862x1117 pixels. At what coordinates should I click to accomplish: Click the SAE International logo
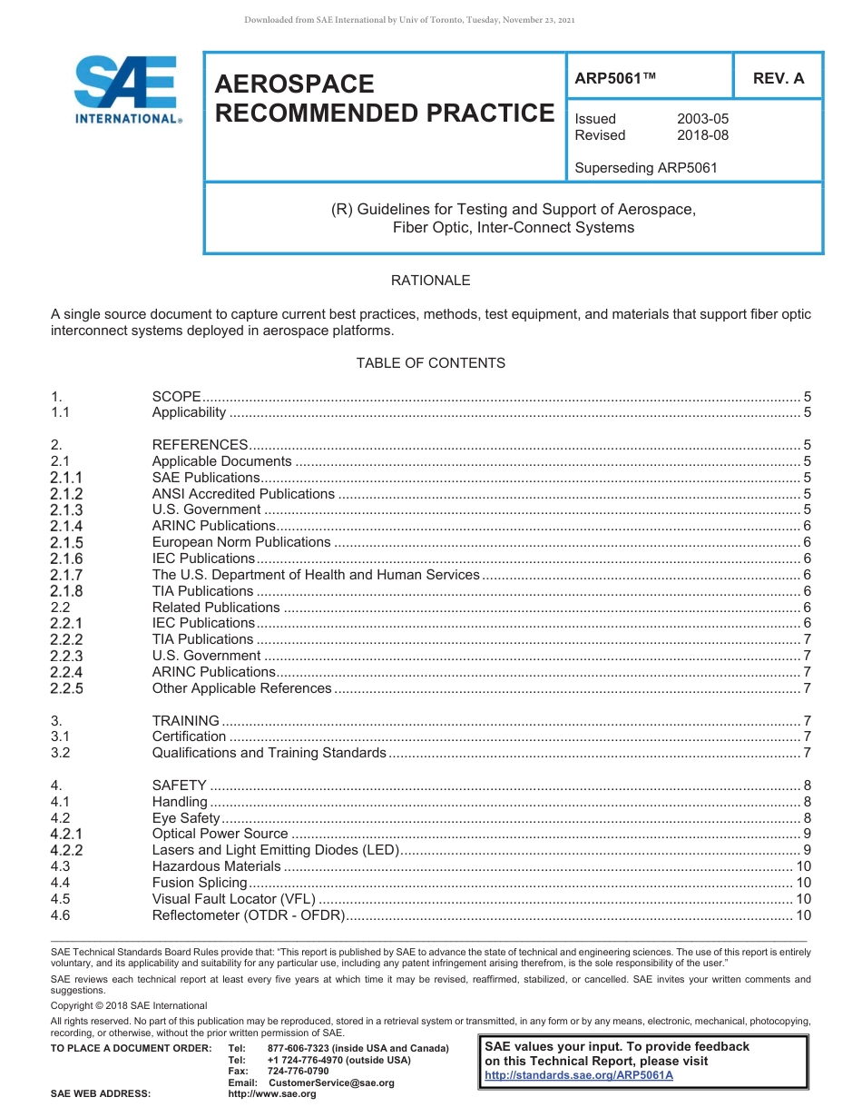tap(127, 90)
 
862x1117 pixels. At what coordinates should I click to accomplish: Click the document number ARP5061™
tap(614, 79)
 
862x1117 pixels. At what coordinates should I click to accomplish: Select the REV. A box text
tap(778, 79)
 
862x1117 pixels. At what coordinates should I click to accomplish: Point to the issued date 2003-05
tap(702, 119)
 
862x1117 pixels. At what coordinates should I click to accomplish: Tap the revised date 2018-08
tap(702, 135)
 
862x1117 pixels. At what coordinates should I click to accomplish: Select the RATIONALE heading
tap(430, 281)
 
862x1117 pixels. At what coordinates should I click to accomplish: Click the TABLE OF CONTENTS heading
tap(430, 363)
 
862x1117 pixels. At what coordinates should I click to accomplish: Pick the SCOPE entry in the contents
tap(176, 397)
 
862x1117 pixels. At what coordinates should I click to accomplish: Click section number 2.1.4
tap(66, 527)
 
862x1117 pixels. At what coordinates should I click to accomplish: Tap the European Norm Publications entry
tap(241, 542)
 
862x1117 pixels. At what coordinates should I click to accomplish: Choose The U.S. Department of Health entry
tap(315, 575)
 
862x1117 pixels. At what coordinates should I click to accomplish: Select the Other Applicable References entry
tap(241, 688)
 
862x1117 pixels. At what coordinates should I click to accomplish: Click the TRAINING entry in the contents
tap(185, 721)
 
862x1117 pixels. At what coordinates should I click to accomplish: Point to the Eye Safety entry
tap(186, 818)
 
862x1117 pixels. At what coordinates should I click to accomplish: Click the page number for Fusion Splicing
tap(802, 883)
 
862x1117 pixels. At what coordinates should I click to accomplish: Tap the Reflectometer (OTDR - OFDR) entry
tap(248, 915)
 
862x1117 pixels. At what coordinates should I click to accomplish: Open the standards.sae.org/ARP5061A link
tap(579, 1075)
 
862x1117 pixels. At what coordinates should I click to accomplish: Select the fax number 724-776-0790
tap(299, 1072)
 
